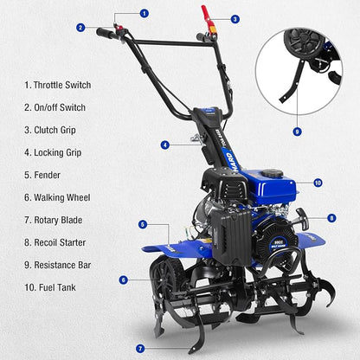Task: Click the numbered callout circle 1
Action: [x=144, y=13]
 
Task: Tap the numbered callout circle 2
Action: [x=80, y=28]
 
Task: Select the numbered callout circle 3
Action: [x=235, y=18]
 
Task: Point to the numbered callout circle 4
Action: [x=164, y=145]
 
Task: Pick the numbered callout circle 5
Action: [x=143, y=224]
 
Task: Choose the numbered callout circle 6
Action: [x=124, y=280]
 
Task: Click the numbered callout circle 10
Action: [x=318, y=183]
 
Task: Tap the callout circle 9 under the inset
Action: [x=297, y=132]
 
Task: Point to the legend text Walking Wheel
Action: [x=63, y=197]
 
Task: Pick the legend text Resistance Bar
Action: [x=67, y=264]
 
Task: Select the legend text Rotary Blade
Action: [x=61, y=220]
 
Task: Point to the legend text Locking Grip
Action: [x=61, y=152]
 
